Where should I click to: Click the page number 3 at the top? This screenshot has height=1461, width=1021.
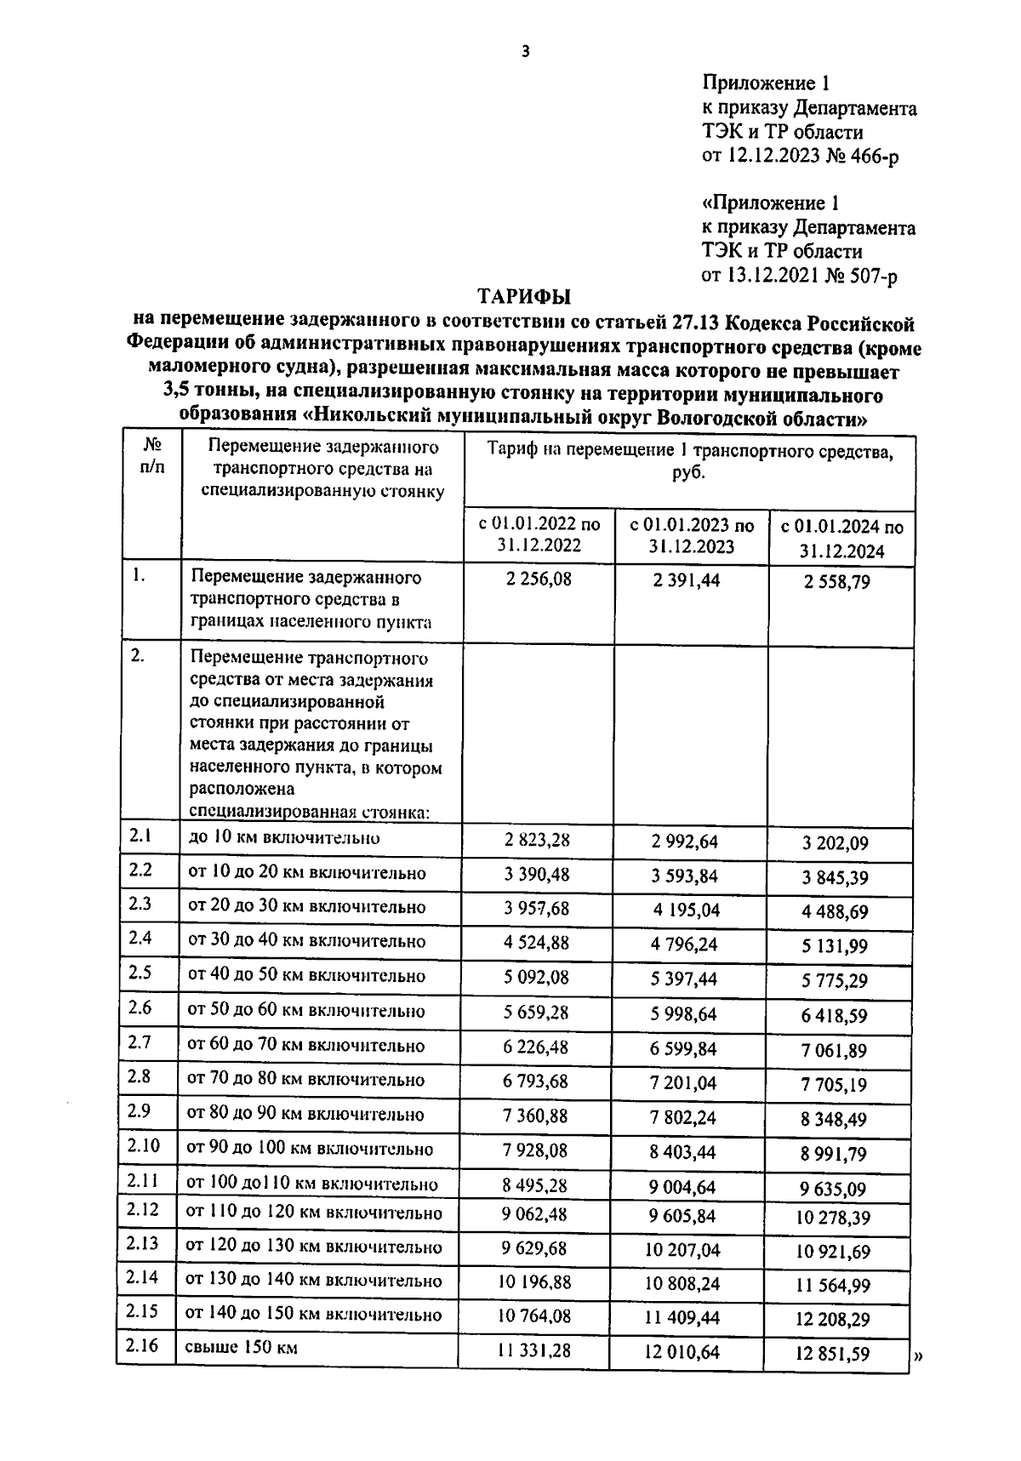point(525,52)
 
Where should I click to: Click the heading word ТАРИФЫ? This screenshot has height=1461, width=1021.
point(524,297)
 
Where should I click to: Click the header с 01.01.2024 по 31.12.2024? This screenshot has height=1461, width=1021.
point(841,539)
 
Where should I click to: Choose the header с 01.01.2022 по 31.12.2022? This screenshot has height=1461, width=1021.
point(539,535)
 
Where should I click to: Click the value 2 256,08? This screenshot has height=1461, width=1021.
point(538,579)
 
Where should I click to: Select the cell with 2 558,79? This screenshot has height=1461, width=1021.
point(837,583)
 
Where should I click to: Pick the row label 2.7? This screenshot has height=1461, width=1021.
point(140,1042)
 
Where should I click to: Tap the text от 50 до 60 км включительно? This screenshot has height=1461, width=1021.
point(306,1011)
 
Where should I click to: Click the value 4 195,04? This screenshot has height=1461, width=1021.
point(686,910)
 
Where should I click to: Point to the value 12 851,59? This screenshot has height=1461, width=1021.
point(833,1354)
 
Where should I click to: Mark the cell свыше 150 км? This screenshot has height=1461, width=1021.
point(241,1348)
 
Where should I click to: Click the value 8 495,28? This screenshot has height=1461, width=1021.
point(536,1185)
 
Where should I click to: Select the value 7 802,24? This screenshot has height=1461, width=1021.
point(683,1117)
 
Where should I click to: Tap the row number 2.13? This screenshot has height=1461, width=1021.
point(143,1243)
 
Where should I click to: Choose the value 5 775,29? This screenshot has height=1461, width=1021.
point(834,981)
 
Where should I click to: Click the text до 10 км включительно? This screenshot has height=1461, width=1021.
point(283,838)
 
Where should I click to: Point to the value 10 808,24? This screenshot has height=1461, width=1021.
point(682,1283)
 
